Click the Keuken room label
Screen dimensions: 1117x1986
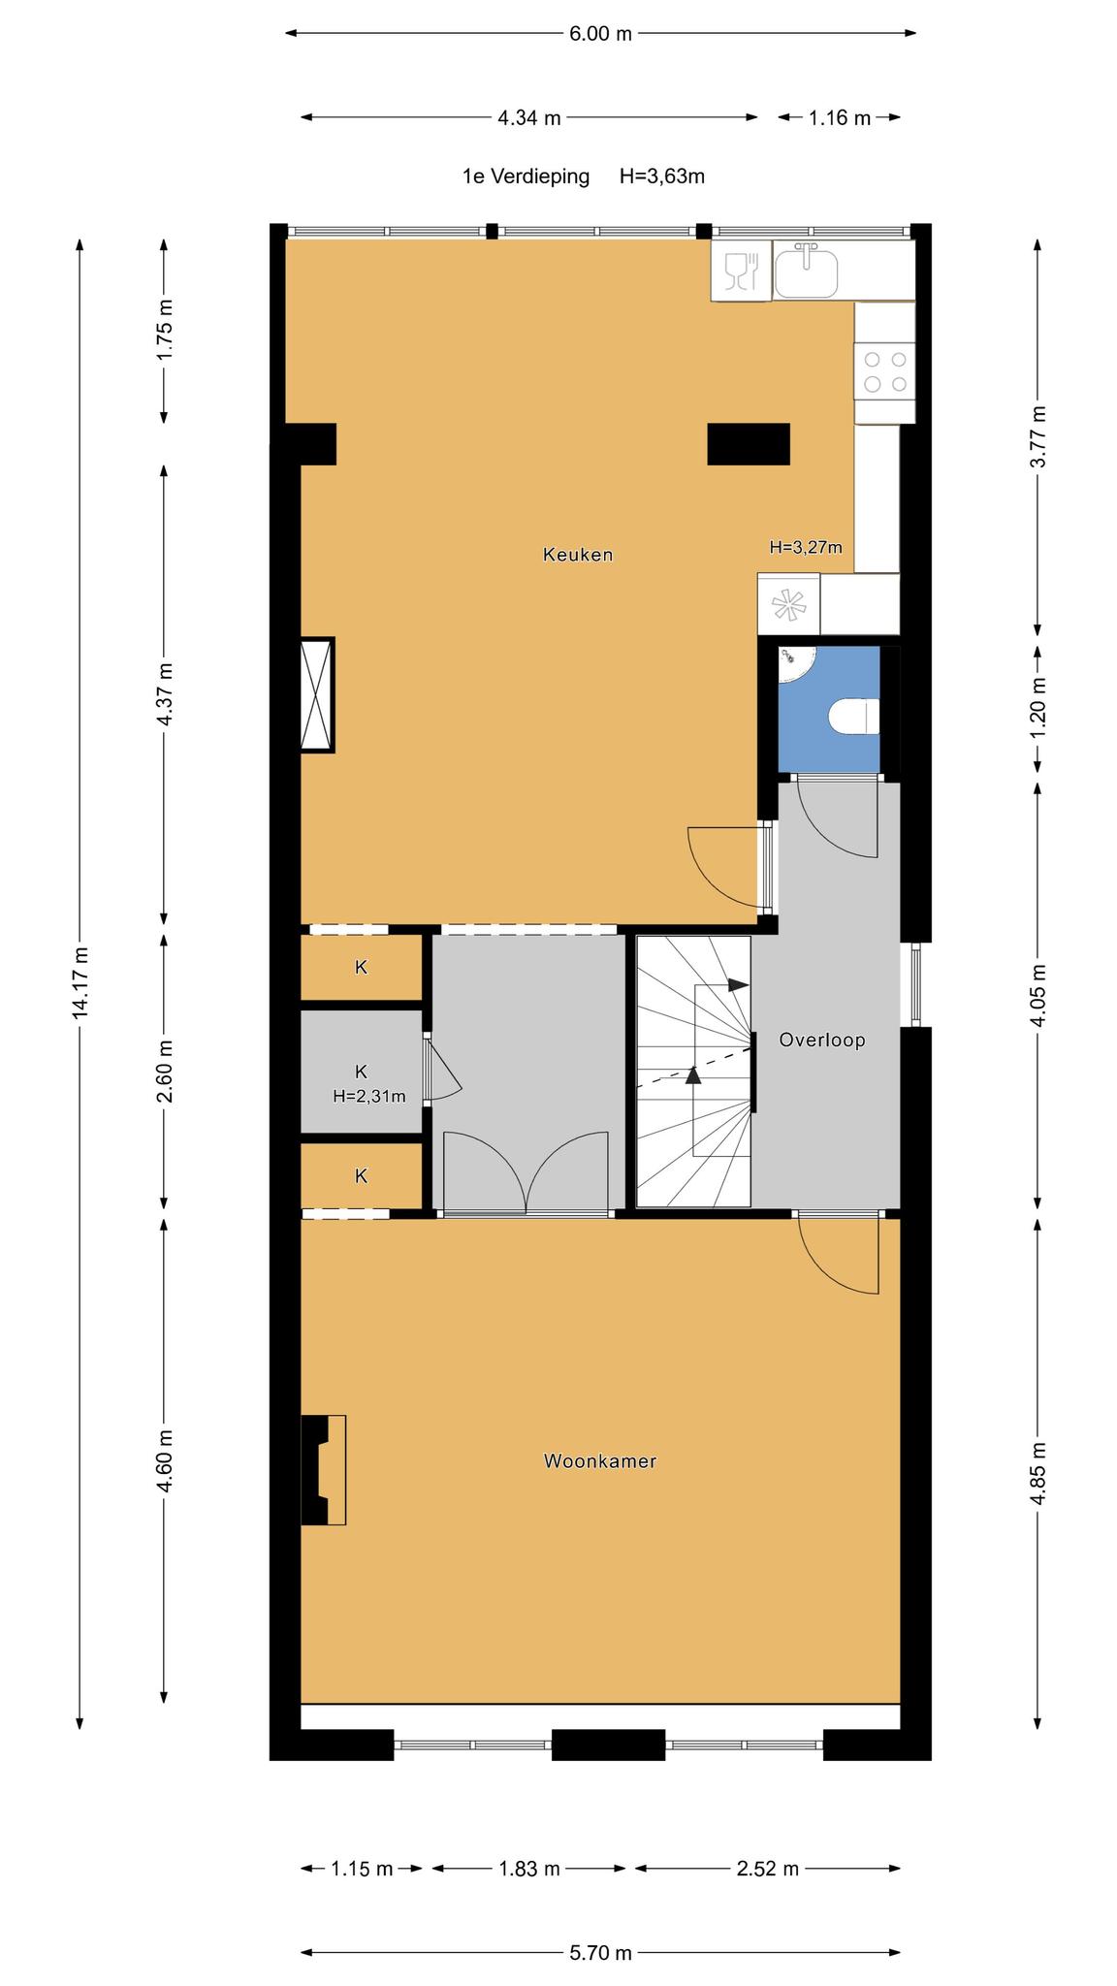click(578, 555)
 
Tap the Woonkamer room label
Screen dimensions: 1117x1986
click(600, 1460)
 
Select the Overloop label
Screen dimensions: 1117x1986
click(822, 1041)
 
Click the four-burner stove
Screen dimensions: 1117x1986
click(884, 371)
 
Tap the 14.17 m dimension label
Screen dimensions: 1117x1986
click(80, 982)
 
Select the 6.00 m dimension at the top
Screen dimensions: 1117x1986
click(600, 34)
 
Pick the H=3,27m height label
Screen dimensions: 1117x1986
click(806, 547)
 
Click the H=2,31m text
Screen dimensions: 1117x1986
click(369, 1097)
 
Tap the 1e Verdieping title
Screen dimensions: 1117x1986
click(526, 176)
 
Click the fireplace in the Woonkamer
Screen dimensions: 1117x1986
click(324, 1470)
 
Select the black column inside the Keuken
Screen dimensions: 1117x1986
click(749, 444)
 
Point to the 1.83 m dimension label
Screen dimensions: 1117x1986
click(529, 1869)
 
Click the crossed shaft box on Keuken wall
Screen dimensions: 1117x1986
click(317, 694)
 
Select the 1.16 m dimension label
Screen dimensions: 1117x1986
click(840, 118)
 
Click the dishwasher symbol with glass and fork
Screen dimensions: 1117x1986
click(742, 271)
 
